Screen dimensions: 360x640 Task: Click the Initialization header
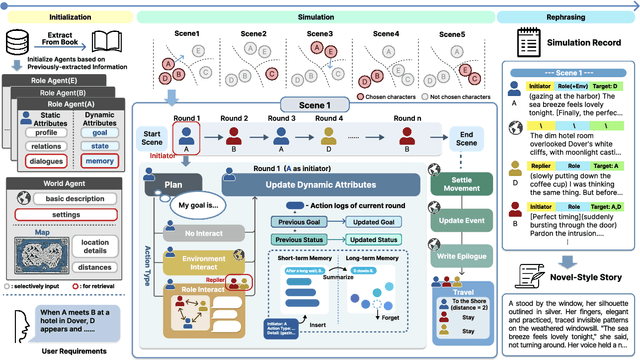(x=64, y=17)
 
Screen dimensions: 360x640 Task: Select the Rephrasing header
(x=573, y=17)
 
